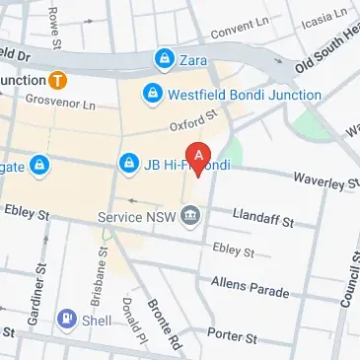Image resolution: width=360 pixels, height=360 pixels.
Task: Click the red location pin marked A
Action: (x=200, y=158)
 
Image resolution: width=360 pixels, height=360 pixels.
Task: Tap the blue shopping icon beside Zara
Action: (x=161, y=61)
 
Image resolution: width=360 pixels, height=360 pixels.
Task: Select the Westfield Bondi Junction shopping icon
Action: (x=152, y=95)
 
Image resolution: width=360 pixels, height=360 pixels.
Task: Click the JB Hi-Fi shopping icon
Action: (x=127, y=163)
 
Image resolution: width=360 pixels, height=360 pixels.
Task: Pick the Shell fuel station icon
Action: (x=67, y=319)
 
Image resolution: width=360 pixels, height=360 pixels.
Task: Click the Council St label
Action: (x=347, y=279)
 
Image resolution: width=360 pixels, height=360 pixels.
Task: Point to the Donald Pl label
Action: (x=127, y=321)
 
